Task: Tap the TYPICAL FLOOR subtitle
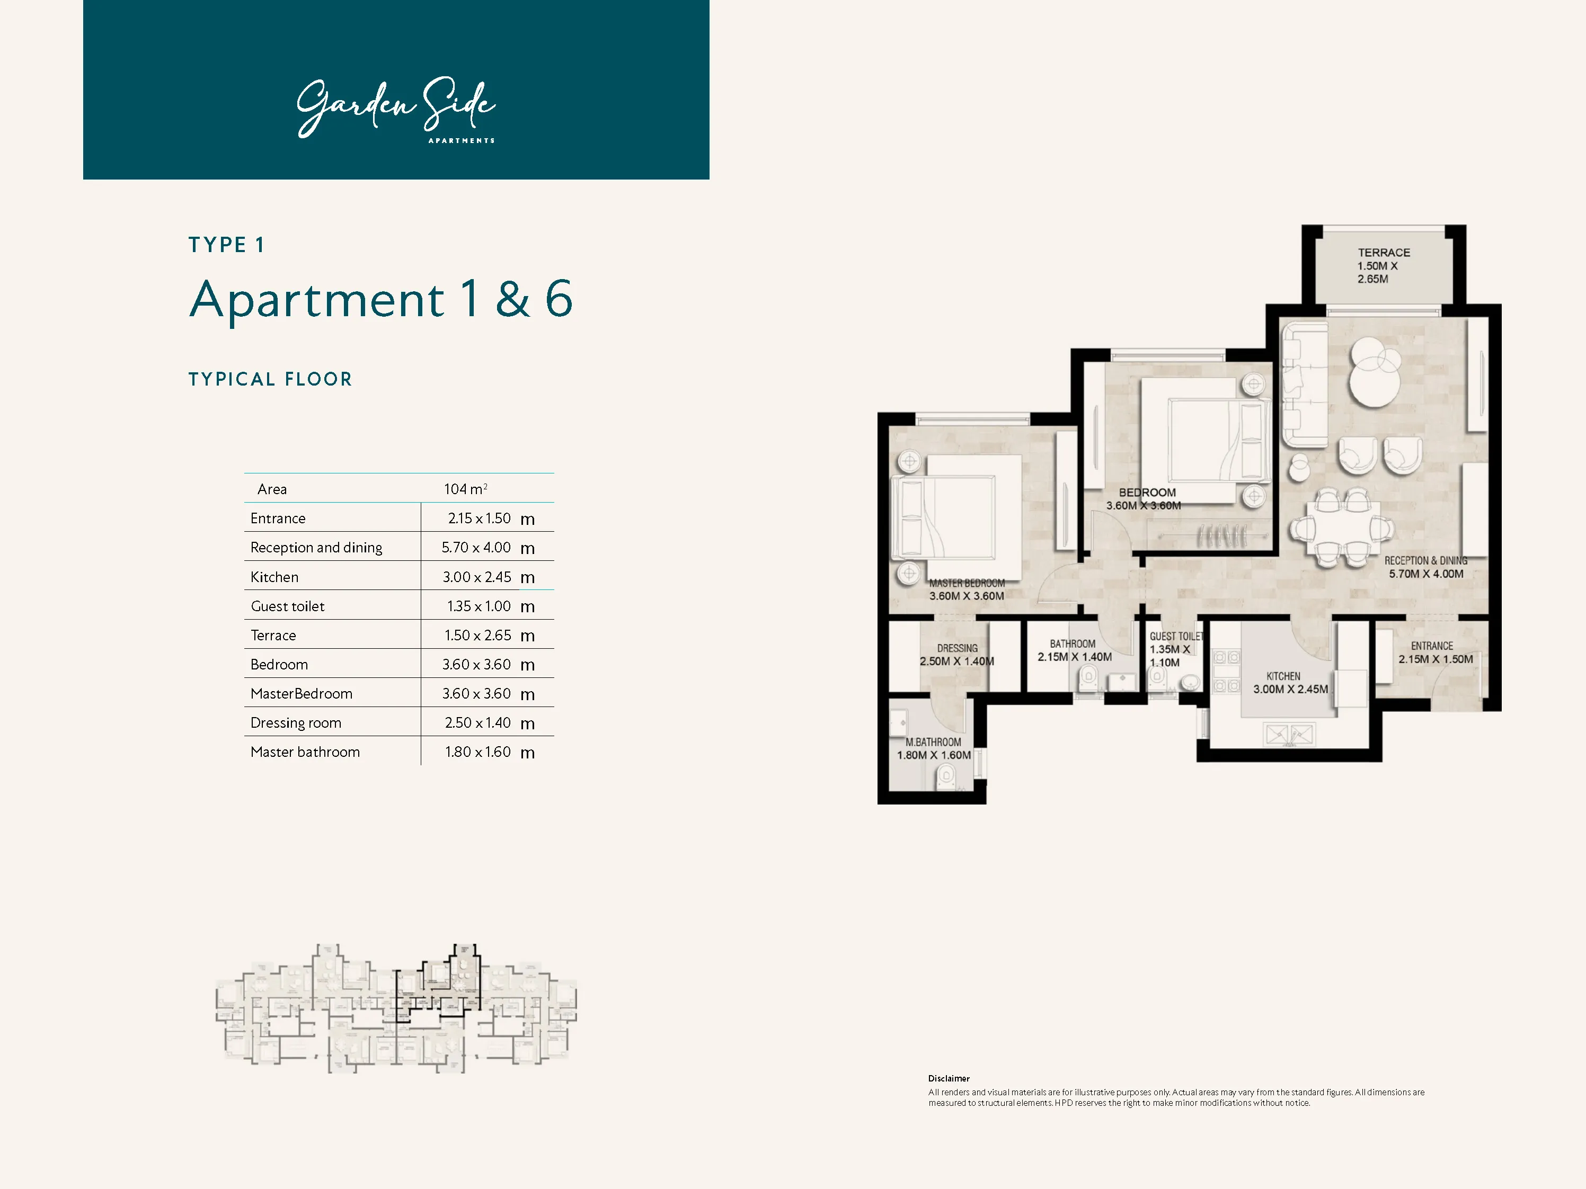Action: coord(270,379)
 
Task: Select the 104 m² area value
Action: coord(465,489)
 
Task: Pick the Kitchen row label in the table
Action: coord(274,577)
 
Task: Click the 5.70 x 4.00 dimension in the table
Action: coord(476,548)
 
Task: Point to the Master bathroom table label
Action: coord(305,752)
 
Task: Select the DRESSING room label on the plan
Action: coord(956,648)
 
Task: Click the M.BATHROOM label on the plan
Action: coord(933,743)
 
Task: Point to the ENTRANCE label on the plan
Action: coord(1431,646)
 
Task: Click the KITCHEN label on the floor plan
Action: coord(1283,676)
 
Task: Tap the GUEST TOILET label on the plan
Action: coord(1176,637)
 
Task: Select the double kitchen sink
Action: coord(1289,735)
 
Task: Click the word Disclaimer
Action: coord(949,1079)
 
